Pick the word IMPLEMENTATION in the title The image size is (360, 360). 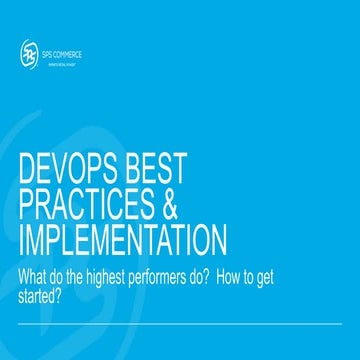[123, 241]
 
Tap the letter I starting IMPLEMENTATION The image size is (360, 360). [22, 241]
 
